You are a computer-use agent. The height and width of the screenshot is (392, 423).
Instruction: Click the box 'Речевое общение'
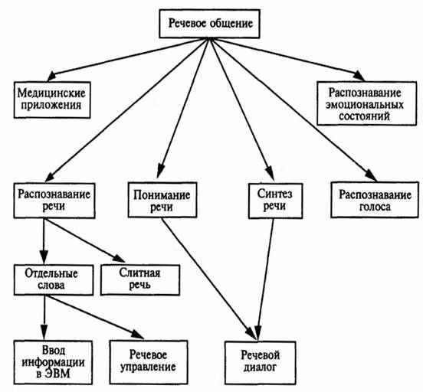coord(210,24)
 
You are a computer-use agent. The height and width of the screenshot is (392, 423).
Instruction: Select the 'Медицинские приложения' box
coord(52,100)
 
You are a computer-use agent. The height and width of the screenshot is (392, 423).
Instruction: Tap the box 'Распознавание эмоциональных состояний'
coord(366,103)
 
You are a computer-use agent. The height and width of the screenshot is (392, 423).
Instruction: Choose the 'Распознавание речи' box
coord(54,201)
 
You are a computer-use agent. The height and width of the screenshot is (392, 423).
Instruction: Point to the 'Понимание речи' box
coord(162,200)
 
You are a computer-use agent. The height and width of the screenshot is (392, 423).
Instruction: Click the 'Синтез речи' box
coord(275,201)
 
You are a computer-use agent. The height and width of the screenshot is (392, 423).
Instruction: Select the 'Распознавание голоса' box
coord(375,200)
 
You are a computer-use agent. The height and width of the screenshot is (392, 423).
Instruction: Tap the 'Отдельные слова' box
coord(54,280)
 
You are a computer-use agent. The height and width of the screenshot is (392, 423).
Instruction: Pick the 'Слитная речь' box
coord(140,280)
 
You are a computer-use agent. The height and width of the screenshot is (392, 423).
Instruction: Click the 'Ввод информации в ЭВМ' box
coord(53,362)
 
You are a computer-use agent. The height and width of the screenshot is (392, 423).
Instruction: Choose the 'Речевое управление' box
coord(149,362)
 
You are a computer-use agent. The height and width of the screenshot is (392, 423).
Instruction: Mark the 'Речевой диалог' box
coord(261,363)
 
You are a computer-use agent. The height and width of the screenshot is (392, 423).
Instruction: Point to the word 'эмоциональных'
coord(365,105)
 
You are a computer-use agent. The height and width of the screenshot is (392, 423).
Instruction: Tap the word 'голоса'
coord(375,207)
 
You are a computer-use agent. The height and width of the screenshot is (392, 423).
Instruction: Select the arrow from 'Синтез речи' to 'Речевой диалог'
coord(265,279)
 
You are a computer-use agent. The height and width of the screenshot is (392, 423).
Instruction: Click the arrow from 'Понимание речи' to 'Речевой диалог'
coord(208,279)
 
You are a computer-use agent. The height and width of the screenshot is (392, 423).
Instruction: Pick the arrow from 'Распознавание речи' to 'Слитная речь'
coord(84,240)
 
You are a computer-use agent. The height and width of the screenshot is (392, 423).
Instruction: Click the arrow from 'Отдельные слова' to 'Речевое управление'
coord(94,317)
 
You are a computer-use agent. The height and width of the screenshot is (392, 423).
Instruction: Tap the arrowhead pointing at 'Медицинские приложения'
coord(52,77)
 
